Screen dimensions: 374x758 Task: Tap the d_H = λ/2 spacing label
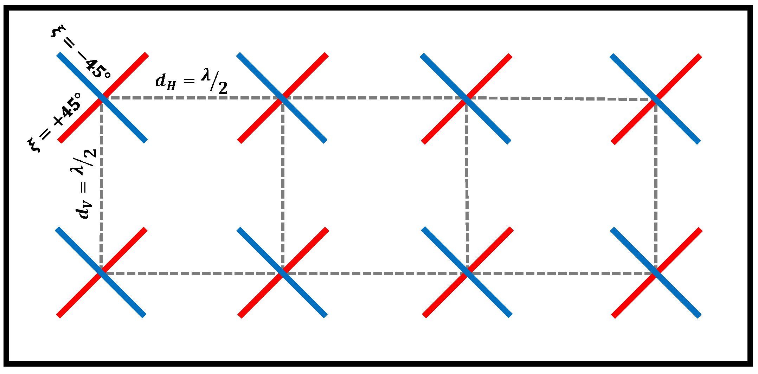(x=192, y=83)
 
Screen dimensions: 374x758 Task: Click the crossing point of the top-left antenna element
(x=102, y=97)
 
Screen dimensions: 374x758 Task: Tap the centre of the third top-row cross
(x=466, y=98)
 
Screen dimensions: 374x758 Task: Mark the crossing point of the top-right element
(x=656, y=99)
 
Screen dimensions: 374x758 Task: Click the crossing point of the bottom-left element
(x=101, y=273)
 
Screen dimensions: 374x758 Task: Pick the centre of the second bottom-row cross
(x=283, y=273)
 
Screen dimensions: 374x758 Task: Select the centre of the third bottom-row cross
(x=467, y=273)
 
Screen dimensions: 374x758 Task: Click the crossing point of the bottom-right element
(x=656, y=273)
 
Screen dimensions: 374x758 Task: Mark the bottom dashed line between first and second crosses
(x=192, y=273)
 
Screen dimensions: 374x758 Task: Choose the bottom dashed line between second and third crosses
(x=375, y=273)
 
